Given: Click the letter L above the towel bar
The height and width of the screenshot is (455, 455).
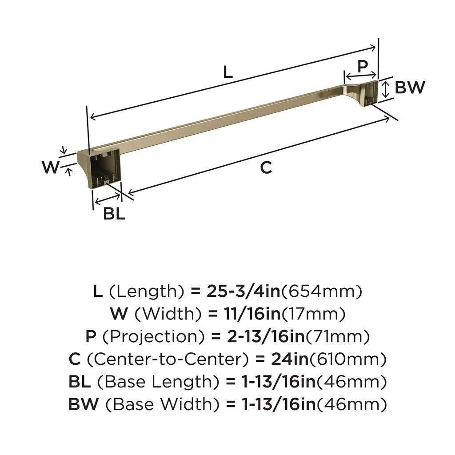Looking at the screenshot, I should [x=227, y=72].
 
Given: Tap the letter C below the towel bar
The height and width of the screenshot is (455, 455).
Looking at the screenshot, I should [x=265, y=168].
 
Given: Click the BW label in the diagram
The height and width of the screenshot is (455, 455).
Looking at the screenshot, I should [x=410, y=88].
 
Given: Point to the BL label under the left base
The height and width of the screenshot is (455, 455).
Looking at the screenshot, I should [x=114, y=214].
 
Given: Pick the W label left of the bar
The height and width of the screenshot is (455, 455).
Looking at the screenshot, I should [x=50, y=168].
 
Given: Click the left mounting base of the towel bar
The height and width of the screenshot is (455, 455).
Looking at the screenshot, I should [x=101, y=169].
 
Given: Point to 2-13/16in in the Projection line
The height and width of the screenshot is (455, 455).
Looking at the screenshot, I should [x=259, y=337].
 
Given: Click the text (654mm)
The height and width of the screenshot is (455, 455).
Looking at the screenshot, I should [x=322, y=291].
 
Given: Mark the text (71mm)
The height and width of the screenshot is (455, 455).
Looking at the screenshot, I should [x=338, y=337].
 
